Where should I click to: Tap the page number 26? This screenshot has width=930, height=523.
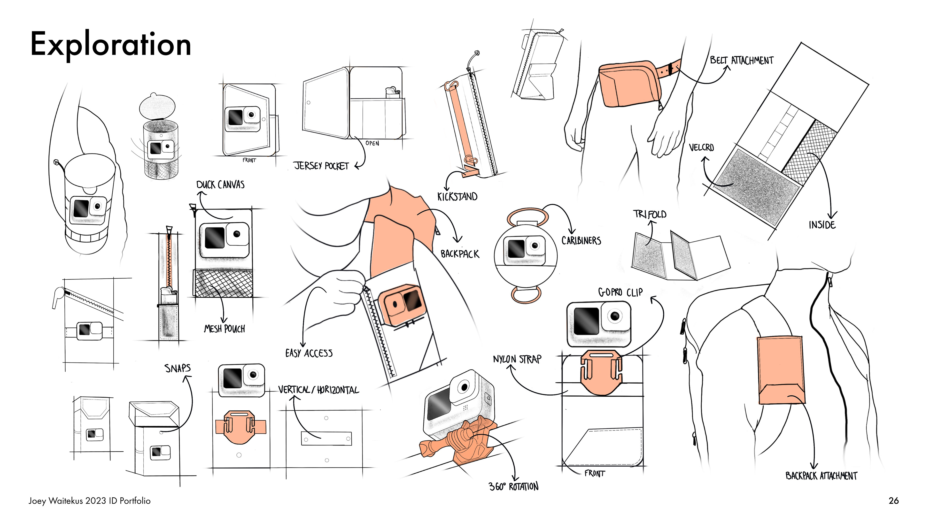pyautogui.click(x=893, y=501)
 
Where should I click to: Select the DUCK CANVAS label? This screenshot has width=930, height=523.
pyautogui.click(x=220, y=185)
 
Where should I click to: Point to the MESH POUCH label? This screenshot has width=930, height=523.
pyautogui.click(x=224, y=329)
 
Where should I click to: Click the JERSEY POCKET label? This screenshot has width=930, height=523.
pyautogui.click(x=321, y=166)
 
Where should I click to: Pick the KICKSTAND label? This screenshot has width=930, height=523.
pyautogui.click(x=457, y=197)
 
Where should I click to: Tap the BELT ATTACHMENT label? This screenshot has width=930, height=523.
pyautogui.click(x=742, y=60)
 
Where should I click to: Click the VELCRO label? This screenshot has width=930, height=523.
pyautogui.click(x=701, y=148)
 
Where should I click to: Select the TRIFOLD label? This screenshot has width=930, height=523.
pyautogui.click(x=650, y=214)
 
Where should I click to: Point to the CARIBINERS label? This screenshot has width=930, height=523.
pyautogui.click(x=581, y=240)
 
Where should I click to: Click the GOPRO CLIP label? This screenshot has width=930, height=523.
pyautogui.click(x=620, y=292)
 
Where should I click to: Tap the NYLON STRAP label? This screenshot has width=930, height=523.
pyautogui.click(x=517, y=359)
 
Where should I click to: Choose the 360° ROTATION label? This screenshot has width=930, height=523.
pyautogui.click(x=513, y=486)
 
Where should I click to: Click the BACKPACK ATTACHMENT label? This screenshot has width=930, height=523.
pyautogui.click(x=821, y=476)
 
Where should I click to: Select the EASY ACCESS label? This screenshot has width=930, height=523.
pyautogui.click(x=309, y=353)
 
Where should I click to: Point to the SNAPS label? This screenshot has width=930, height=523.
pyautogui.click(x=177, y=368)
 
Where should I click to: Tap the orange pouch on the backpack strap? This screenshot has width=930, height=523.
pyautogui.click(x=781, y=370)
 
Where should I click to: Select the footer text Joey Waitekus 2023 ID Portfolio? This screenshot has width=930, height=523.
pyautogui.click(x=90, y=501)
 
